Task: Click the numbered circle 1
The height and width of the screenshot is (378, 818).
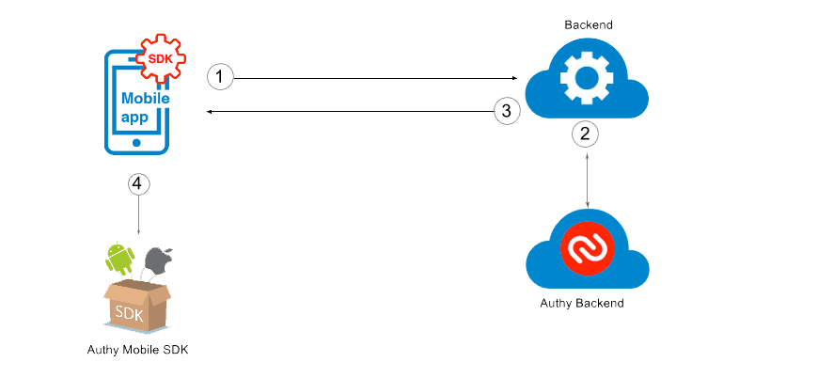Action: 219,76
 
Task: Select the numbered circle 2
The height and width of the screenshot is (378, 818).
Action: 585,134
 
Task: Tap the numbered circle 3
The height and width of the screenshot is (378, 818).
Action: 507,111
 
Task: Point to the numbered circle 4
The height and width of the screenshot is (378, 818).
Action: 138,184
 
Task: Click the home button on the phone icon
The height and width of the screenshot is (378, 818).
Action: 137,143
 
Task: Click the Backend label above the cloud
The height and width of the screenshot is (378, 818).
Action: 590,24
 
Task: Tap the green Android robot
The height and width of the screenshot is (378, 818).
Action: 118,255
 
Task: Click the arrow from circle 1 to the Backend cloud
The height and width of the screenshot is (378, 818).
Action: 376,78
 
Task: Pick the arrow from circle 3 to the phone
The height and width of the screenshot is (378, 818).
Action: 348,112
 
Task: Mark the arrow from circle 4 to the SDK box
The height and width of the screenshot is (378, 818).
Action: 138,216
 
